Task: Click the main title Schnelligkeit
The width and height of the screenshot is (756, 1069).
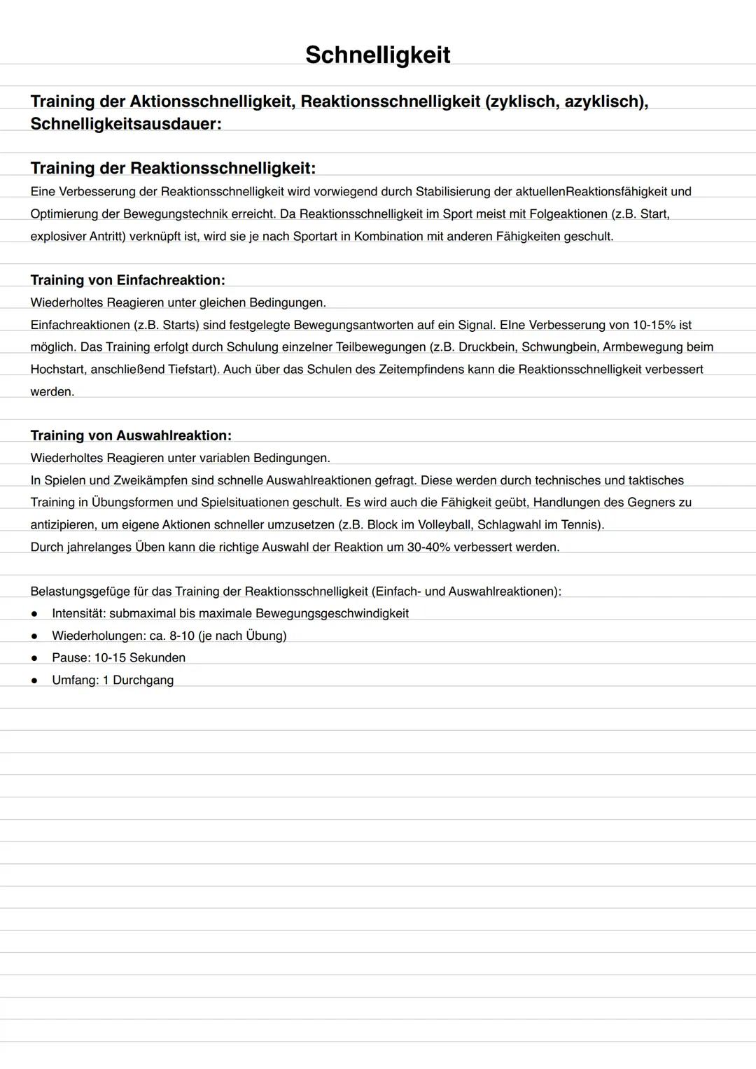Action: click(x=377, y=55)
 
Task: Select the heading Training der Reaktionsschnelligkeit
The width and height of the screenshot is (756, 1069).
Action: click(x=173, y=168)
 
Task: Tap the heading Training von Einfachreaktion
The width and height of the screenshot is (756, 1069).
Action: click(x=127, y=280)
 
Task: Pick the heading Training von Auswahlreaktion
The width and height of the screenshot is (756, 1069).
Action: click(x=131, y=435)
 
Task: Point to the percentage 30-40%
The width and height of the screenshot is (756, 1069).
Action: click(x=428, y=547)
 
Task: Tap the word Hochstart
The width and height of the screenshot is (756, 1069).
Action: click(x=58, y=369)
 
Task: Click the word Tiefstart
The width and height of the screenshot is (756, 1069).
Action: click(x=192, y=369)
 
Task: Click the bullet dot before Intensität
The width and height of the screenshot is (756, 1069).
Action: click(x=34, y=614)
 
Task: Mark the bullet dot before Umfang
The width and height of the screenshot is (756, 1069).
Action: click(x=34, y=680)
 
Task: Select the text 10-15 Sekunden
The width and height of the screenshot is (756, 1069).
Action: click(x=139, y=657)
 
